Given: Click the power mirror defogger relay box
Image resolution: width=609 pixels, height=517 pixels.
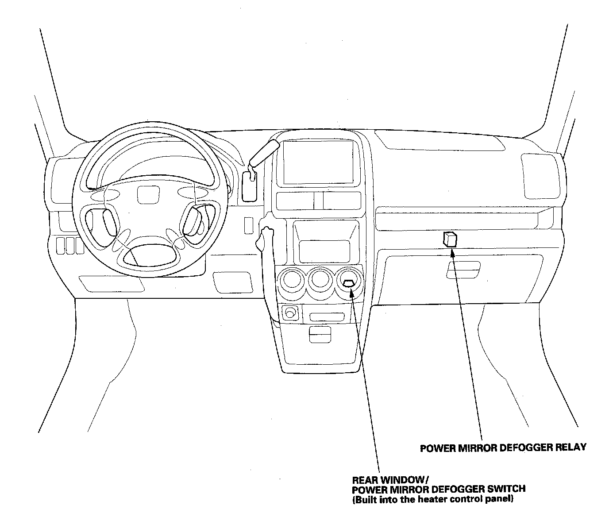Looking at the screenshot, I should (x=450, y=239).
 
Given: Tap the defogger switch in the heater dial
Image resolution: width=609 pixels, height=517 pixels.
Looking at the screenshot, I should (x=349, y=283).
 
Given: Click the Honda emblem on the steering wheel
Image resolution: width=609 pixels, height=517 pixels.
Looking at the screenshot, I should (x=146, y=194).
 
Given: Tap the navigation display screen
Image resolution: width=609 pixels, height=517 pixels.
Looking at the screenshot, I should (x=318, y=162).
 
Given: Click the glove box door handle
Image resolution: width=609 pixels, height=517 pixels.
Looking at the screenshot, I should (x=463, y=270).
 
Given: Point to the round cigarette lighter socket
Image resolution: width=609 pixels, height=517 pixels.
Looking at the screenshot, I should (x=290, y=313).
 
